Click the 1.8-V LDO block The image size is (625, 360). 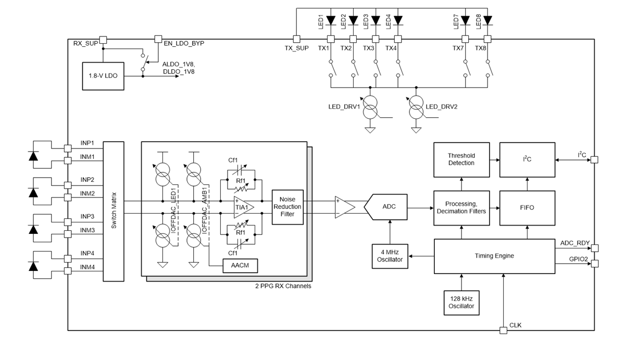[x=103, y=76]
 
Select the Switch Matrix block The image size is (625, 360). [x=114, y=212]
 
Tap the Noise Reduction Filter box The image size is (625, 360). [x=287, y=207]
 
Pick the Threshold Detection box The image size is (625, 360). [x=461, y=159]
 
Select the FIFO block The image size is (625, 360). [x=527, y=207]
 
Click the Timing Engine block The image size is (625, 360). [x=494, y=256]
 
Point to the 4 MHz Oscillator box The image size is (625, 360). [x=390, y=256]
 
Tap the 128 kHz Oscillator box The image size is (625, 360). [x=461, y=302]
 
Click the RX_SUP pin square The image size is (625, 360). [x=103, y=40]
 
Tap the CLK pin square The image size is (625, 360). [x=503, y=330]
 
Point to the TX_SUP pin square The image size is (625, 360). [x=296, y=39]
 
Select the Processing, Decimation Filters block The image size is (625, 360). [x=461, y=207]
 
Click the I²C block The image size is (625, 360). [x=527, y=159]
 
